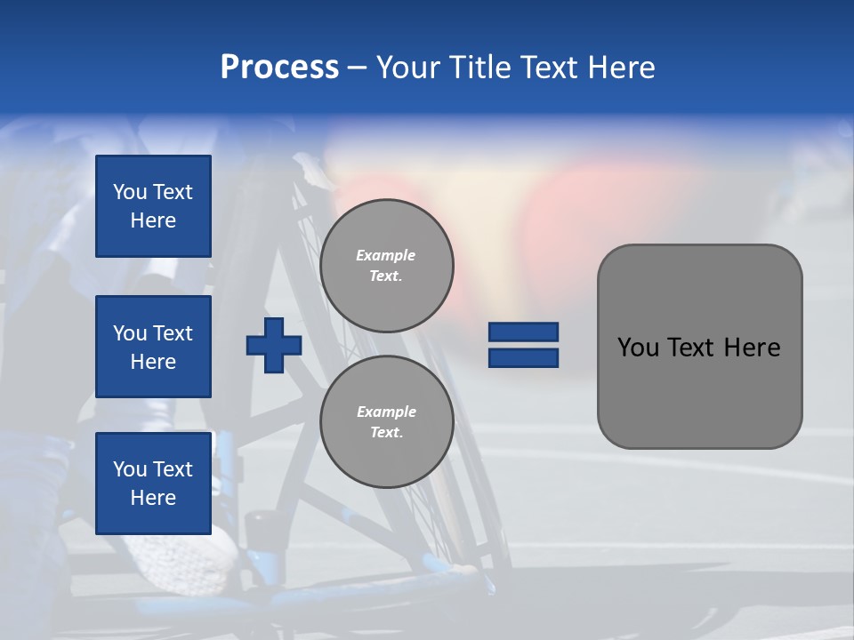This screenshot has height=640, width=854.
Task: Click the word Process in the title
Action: (x=279, y=68)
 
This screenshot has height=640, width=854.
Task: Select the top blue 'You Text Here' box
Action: (x=153, y=206)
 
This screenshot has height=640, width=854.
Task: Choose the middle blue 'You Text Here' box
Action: (x=153, y=347)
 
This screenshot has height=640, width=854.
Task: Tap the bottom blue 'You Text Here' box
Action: (x=153, y=483)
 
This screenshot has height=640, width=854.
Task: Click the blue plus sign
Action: (x=273, y=345)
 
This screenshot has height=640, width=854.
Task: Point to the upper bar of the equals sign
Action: (x=523, y=332)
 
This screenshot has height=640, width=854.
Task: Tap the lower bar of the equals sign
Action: (x=523, y=357)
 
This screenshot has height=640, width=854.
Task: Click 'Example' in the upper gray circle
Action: (x=386, y=255)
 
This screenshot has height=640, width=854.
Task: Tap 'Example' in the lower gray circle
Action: (x=386, y=412)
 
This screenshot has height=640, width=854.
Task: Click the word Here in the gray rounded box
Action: (x=752, y=348)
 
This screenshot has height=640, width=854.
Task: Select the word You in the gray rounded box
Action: (x=637, y=348)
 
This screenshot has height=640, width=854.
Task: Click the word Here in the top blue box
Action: (x=153, y=220)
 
